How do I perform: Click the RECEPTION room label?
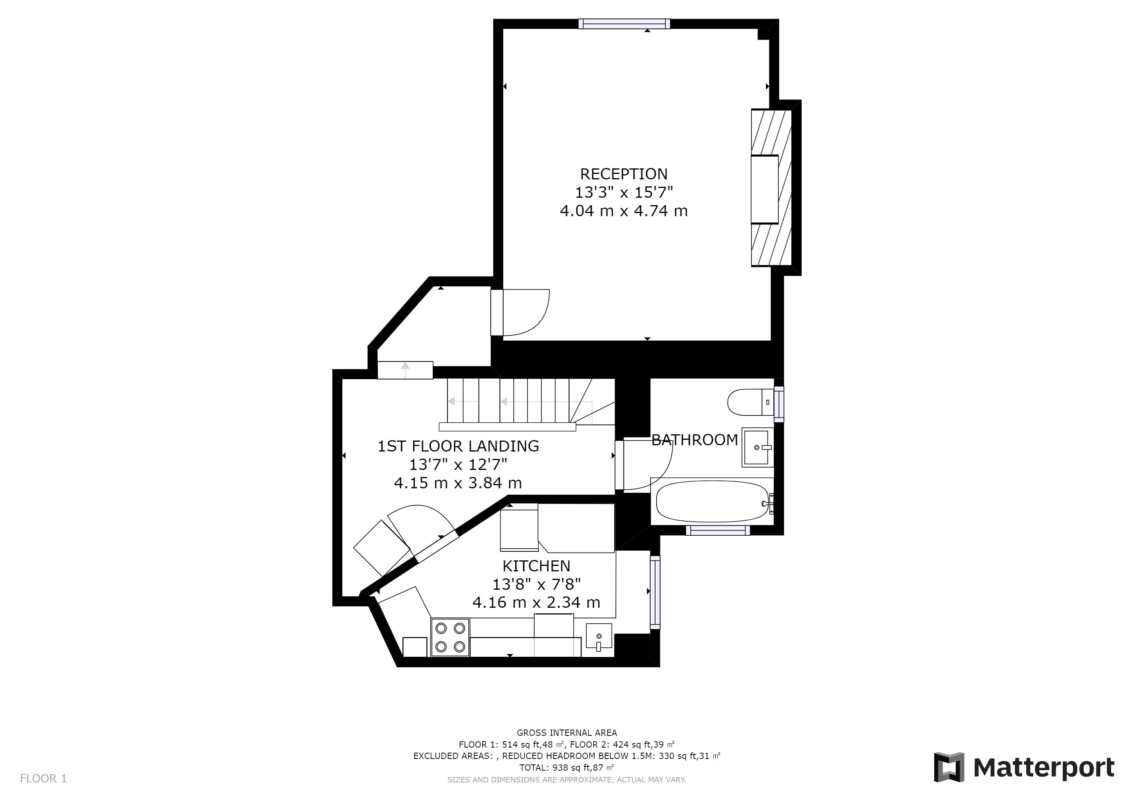point(623,174)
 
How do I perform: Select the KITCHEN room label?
point(536,565)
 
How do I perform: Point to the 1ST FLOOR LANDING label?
point(459,446)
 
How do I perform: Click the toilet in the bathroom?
point(751,402)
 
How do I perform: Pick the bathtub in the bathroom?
point(712,501)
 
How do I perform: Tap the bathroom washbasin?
point(758,447)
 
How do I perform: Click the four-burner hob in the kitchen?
point(450,638)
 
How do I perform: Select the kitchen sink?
point(599,636)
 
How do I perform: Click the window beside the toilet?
point(779,404)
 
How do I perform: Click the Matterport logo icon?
point(949,767)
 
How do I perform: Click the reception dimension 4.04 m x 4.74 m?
point(623,211)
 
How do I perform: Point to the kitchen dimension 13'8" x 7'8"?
point(536,584)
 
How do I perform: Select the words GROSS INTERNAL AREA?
point(567,733)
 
